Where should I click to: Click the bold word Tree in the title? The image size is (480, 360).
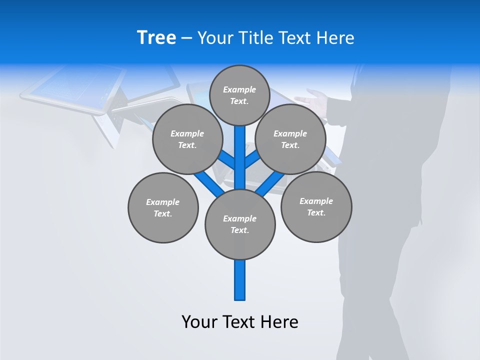[156, 38]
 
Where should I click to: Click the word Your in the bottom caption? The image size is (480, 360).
[200, 321]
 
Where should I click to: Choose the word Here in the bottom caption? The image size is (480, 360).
[280, 321]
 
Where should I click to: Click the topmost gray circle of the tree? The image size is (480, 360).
[239, 95]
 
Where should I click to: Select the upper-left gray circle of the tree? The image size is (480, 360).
[187, 139]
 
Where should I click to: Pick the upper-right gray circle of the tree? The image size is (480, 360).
[290, 139]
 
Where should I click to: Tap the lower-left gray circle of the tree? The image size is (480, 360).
[163, 207]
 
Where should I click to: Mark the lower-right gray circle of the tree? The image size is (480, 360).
[316, 206]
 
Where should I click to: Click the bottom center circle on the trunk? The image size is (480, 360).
[240, 224]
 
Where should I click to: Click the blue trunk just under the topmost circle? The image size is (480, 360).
[240, 137]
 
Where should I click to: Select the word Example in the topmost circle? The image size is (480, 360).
[239, 89]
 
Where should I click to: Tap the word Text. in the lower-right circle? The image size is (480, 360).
[316, 212]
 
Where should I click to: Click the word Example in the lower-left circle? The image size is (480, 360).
[163, 202]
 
